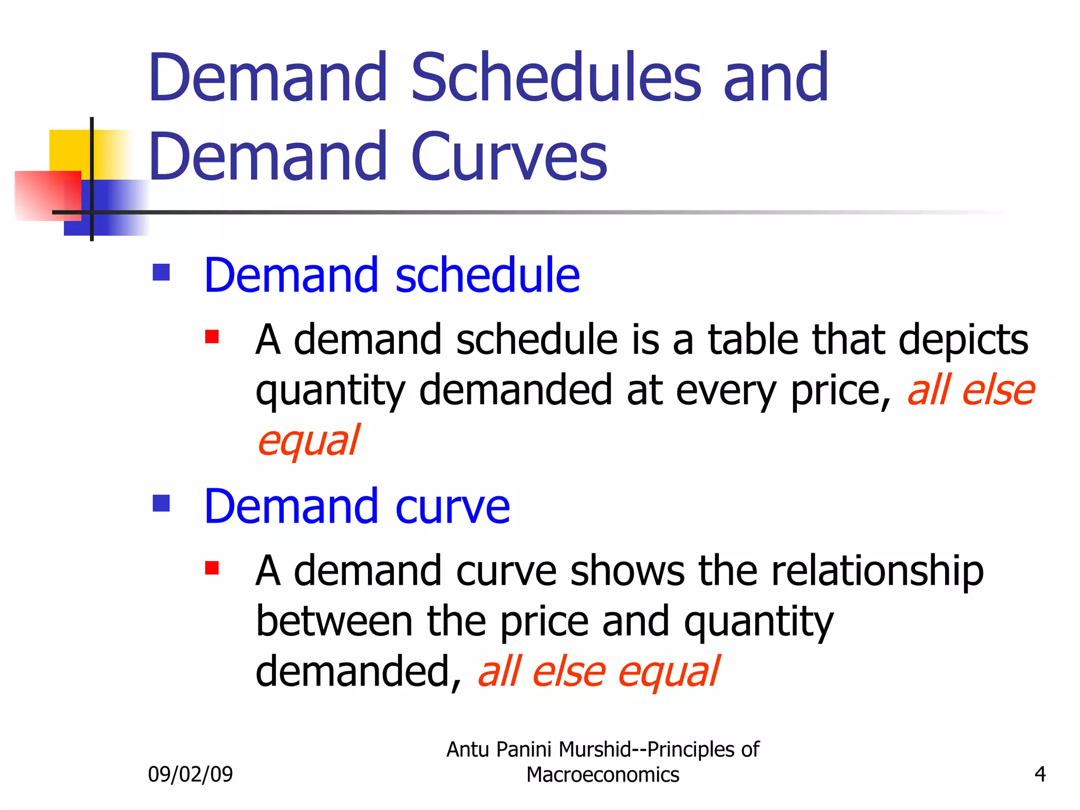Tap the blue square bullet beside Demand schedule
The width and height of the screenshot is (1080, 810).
click(161, 273)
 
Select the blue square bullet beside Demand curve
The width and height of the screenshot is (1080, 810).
click(161, 503)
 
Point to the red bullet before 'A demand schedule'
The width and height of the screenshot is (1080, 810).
click(212, 336)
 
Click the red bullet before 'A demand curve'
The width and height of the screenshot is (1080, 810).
click(212, 568)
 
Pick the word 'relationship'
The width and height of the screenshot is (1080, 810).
click(877, 572)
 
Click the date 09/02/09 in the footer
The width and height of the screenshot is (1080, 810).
click(190, 774)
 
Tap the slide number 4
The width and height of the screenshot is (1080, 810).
click(1040, 774)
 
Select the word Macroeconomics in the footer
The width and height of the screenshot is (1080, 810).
click(603, 775)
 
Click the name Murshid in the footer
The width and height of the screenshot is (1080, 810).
click(602, 749)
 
